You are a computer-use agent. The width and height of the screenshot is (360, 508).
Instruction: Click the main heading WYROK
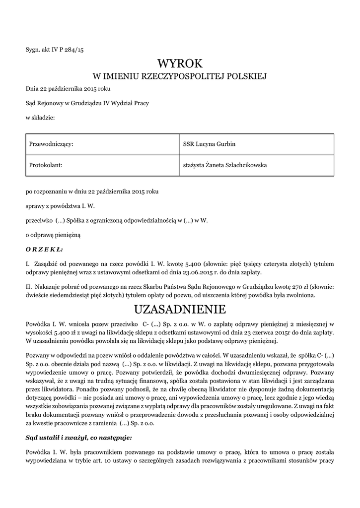[180, 63]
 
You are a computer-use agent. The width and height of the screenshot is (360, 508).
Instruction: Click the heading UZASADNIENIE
[180, 310]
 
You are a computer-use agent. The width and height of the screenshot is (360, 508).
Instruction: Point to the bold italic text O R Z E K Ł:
[45, 249]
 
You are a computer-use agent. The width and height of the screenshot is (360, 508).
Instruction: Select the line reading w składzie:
[40, 118]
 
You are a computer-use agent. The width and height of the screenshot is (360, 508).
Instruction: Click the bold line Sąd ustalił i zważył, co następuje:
[79, 438]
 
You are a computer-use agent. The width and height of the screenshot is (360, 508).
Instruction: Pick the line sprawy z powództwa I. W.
[60, 205]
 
